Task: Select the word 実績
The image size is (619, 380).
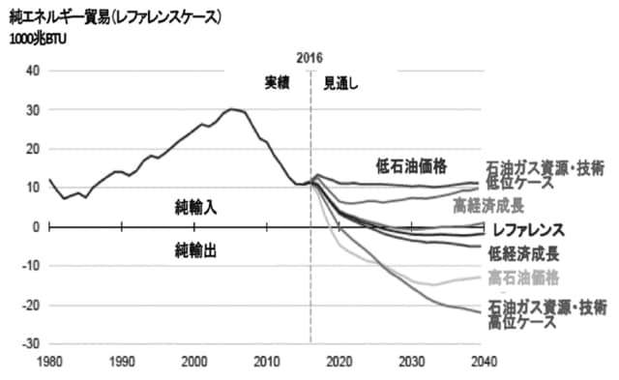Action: coord(279,83)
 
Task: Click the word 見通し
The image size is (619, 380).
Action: coord(340,83)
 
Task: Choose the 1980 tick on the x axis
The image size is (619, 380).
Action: coord(49,362)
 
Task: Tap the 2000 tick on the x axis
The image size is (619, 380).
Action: coord(194,362)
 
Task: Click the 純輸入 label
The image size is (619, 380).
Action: coord(195,208)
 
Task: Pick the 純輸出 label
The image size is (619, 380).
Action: coord(195,249)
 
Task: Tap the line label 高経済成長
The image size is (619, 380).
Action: coord(489,205)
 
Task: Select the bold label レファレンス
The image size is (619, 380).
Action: coord(527,231)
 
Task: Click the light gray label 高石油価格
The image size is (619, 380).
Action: coord(523,278)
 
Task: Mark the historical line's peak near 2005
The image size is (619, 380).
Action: coord(232,109)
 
